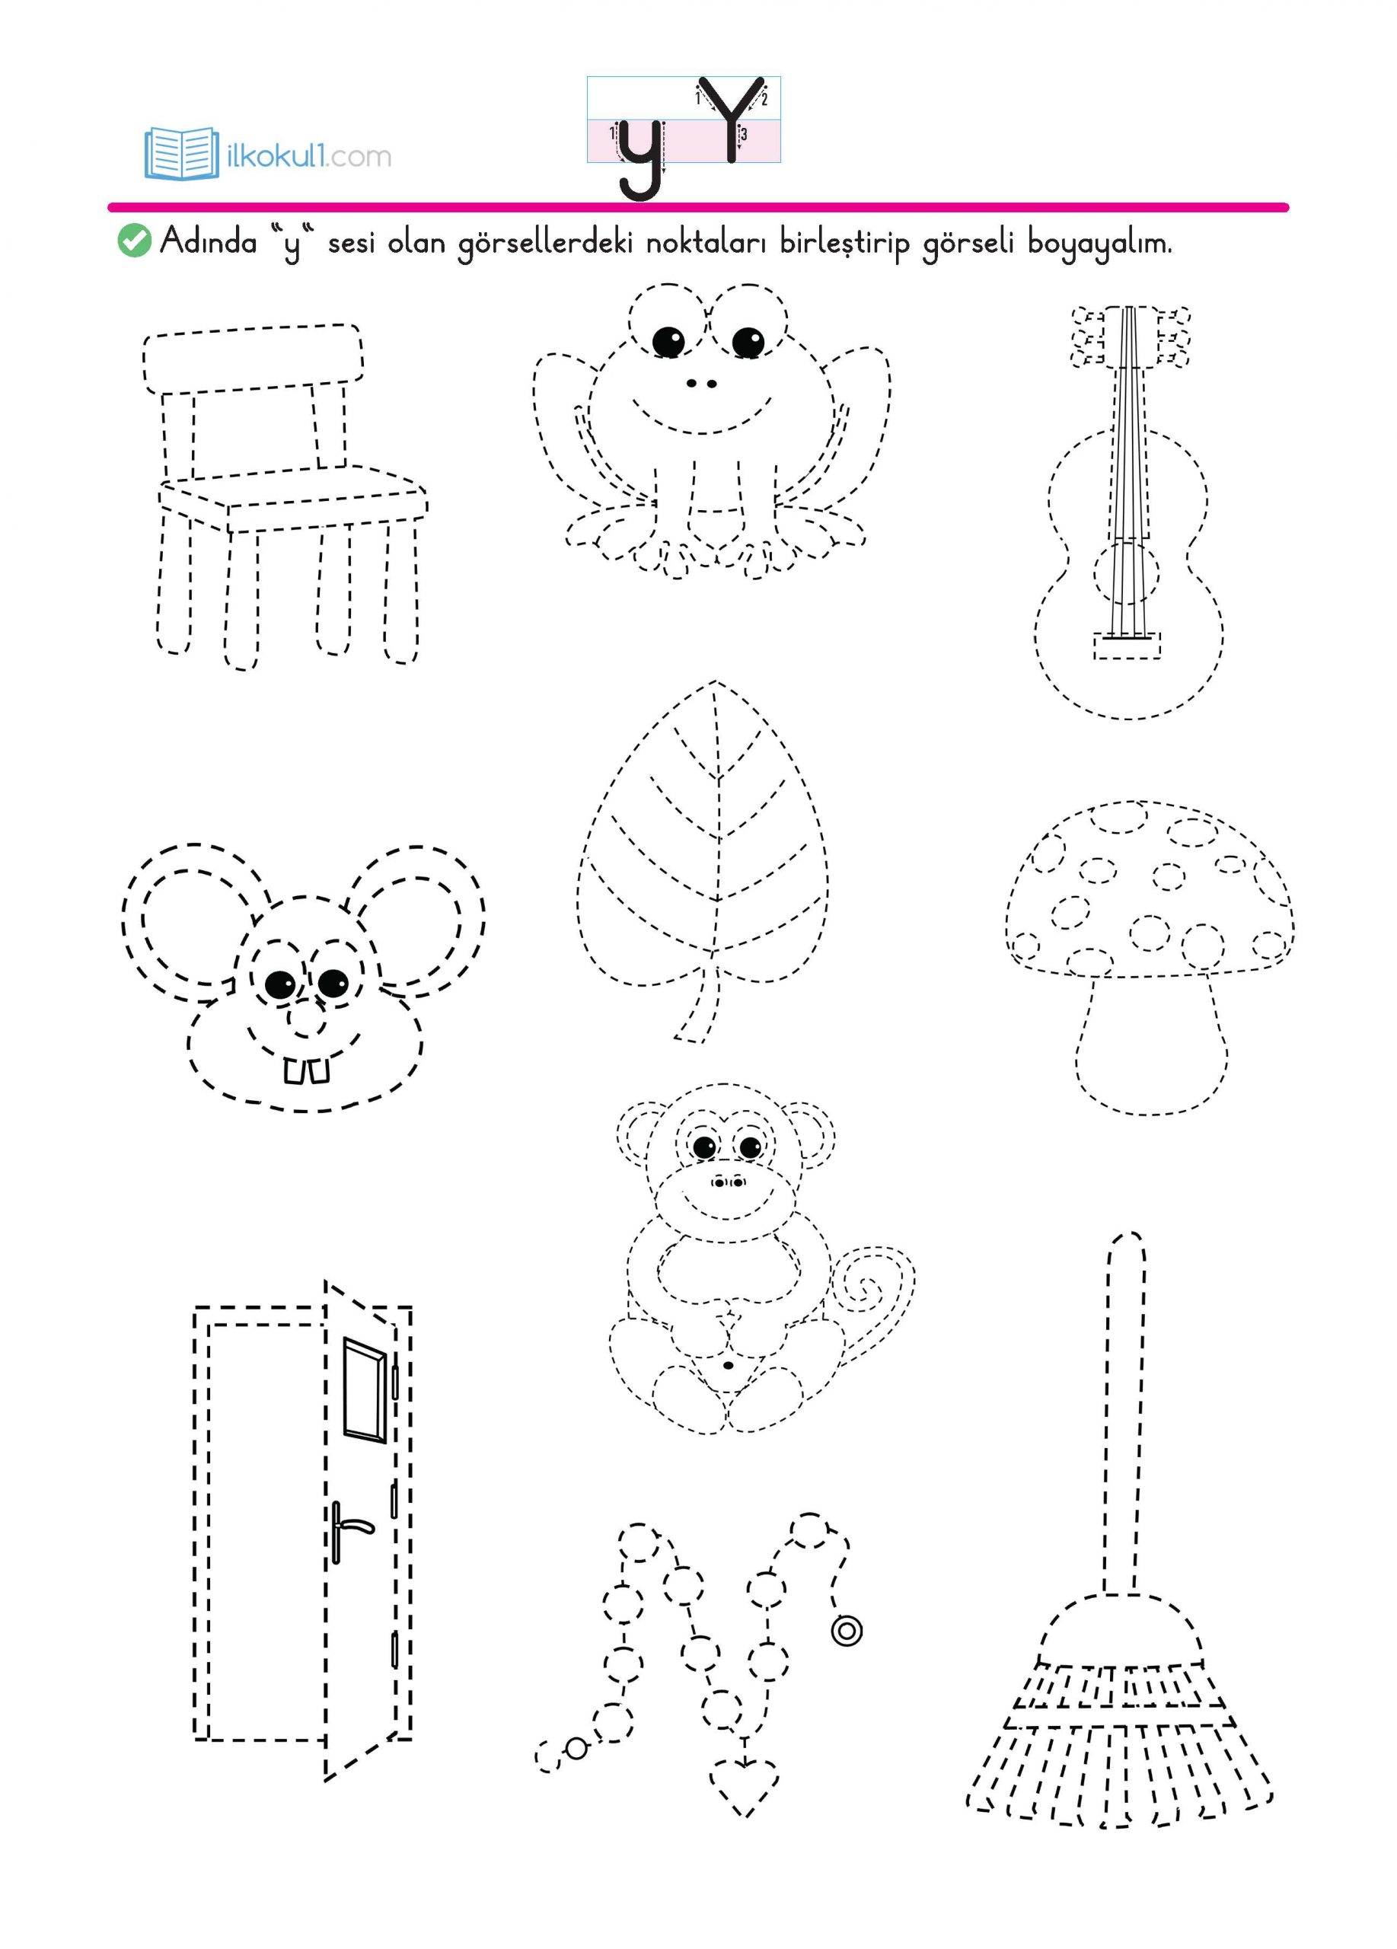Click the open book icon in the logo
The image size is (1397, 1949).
182,153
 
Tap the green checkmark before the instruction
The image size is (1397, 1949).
133,241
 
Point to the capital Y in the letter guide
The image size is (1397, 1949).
730,119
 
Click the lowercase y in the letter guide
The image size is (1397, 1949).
641,159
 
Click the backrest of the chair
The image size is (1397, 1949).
252,359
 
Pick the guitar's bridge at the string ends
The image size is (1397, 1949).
1127,646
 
